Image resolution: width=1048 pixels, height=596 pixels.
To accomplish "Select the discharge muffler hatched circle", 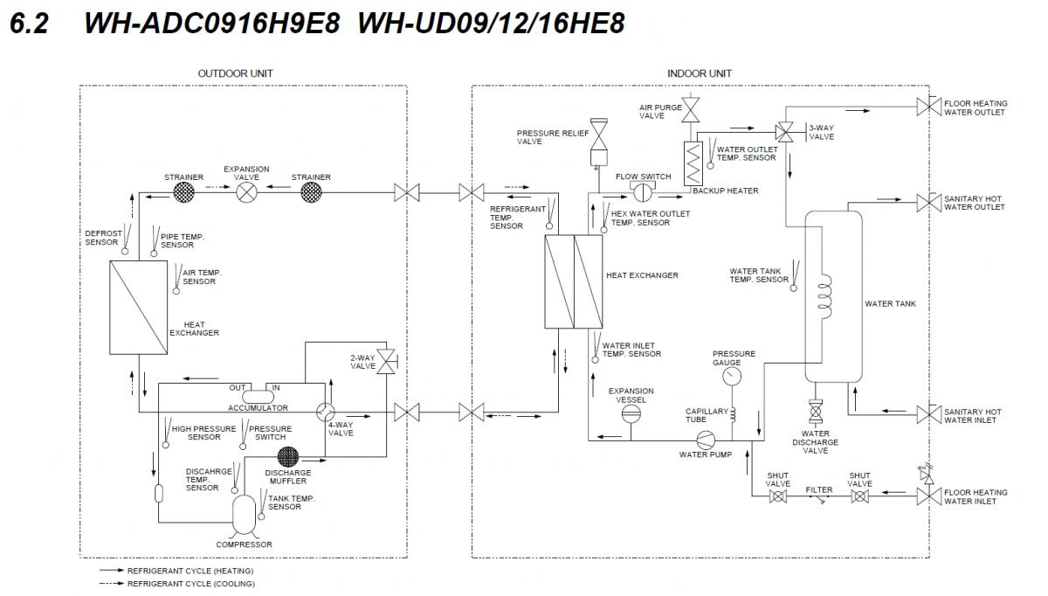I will point(288,456).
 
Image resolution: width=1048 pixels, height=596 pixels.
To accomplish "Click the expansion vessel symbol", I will point(631,414).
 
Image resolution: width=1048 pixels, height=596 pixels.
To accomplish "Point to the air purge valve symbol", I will point(691,110).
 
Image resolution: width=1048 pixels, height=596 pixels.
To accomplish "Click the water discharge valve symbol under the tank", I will point(817,411).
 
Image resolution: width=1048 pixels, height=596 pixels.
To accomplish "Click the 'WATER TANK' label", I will point(890,304).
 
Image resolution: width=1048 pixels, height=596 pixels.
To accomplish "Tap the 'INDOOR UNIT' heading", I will point(699,73).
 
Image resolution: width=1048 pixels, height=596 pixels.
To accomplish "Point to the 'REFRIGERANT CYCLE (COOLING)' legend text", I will point(191,584).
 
